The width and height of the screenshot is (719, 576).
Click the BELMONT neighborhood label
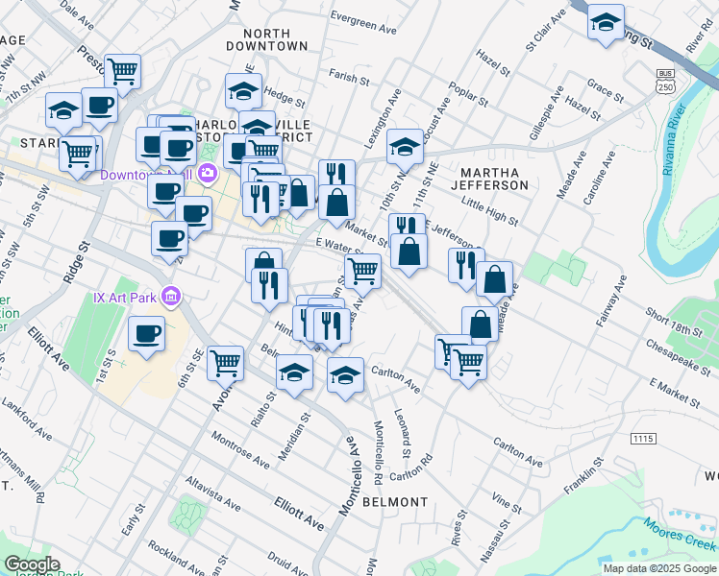(395, 502)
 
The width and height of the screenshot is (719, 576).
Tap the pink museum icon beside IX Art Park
(171, 297)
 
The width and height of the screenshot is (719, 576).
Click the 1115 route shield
(643, 439)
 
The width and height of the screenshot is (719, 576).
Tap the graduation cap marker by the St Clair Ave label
(606, 22)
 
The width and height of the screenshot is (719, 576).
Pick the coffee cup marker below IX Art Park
(147, 334)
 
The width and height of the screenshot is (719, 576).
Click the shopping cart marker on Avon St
(224, 362)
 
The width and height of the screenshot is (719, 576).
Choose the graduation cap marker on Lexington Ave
(406, 147)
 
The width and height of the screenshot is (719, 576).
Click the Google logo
(32, 564)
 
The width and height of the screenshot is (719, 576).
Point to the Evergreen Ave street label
(362, 16)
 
